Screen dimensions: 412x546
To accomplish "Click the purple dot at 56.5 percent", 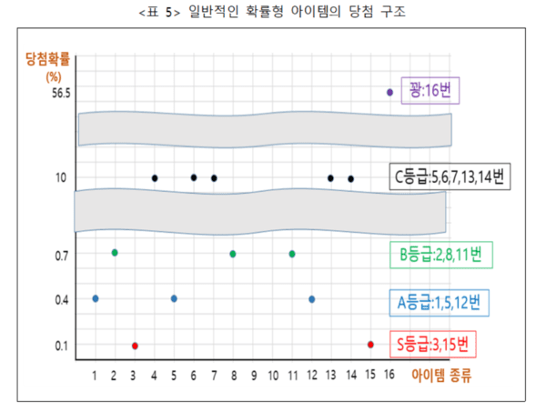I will [x=389, y=92].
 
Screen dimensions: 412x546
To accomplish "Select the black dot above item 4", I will [x=155, y=178].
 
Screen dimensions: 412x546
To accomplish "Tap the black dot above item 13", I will [x=330, y=178].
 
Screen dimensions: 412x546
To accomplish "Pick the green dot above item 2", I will [x=115, y=252].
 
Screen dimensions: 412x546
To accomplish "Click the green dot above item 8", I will [x=233, y=254].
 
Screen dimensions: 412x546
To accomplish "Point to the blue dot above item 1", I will [x=95, y=298].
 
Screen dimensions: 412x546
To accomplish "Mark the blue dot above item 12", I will [x=311, y=298].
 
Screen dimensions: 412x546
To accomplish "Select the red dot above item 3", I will [x=135, y=346].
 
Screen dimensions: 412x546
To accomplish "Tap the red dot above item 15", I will [x=370, y=345].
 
